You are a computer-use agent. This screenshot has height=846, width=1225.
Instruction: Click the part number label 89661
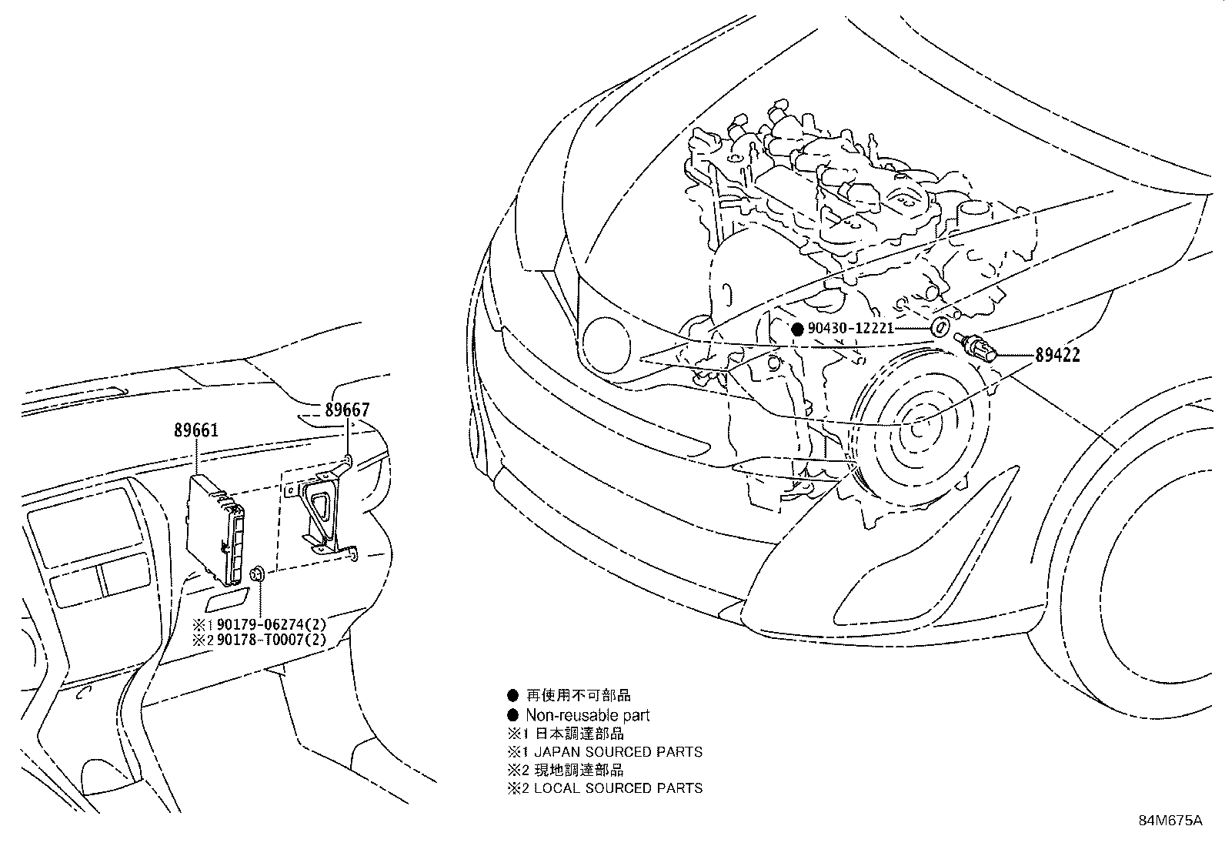click(196, 430)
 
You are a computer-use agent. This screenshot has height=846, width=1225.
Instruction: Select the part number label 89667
click(347, 410)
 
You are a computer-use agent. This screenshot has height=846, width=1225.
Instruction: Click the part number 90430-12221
click(850, 329)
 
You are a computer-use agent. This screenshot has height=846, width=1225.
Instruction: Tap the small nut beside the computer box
click(259, 573)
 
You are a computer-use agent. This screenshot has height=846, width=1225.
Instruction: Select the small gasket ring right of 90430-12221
click(940, 326)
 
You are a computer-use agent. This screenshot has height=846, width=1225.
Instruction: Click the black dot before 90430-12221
click(797, 329)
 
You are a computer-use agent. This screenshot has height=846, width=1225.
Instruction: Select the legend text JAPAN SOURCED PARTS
click(618, 752)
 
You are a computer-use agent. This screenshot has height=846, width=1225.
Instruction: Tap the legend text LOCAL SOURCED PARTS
click(618, 788)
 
